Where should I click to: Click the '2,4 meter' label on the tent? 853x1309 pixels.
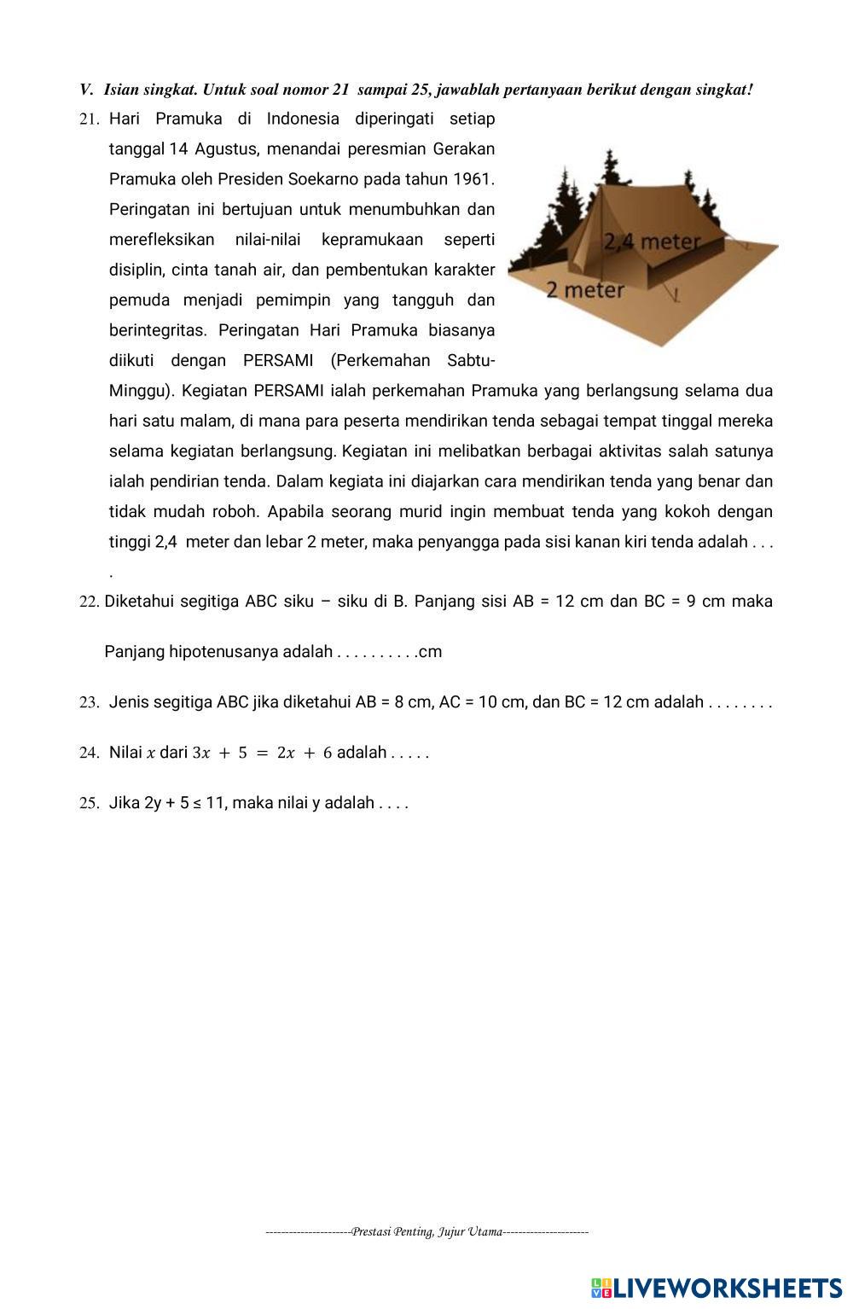(652, 242)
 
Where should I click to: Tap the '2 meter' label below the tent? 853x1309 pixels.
(585, 291)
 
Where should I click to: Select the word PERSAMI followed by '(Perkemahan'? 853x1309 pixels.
(278, 360)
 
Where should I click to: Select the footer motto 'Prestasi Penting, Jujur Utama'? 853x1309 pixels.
(426, 1231)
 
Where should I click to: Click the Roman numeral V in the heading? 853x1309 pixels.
(85, 90)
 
